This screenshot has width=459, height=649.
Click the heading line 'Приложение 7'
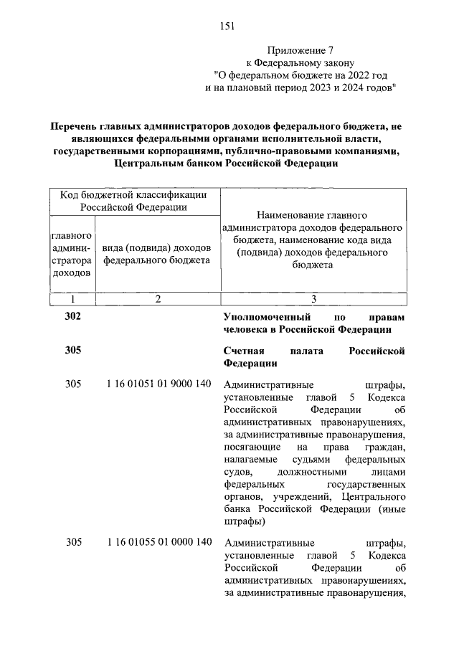(x=301, y=51)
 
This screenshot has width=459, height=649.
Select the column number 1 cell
(x=72, y=298)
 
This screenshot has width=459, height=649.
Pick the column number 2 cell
(x=157, y=298)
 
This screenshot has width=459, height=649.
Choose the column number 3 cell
(x=313, y=298)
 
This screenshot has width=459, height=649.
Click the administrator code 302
(x=73, y=317)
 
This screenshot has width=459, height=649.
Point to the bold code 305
(x=73, y=351)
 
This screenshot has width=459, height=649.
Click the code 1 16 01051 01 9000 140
(x=158, y=384)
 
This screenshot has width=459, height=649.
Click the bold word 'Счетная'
(x=245, y=351)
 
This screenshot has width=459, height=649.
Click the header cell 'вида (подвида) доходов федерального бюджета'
(x=157, y=254)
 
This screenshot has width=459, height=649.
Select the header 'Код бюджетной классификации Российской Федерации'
(x=134, y=201)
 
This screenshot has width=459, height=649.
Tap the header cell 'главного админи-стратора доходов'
(x=72, y=254)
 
